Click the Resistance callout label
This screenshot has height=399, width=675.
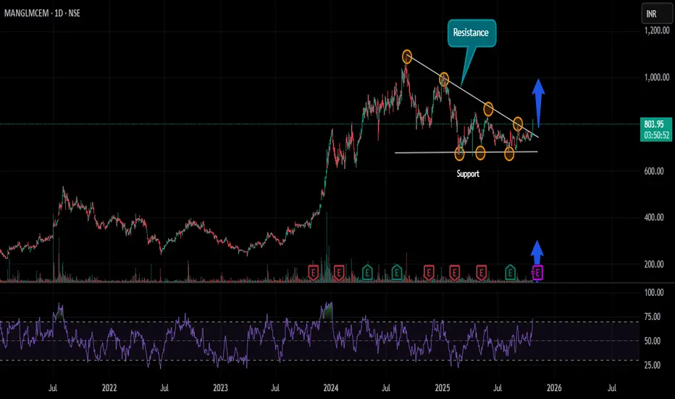click(471, 33)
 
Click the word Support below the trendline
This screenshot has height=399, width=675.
click(468, 174)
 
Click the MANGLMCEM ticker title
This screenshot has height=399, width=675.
click(37, 14)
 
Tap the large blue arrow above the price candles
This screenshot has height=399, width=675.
click(538, 93)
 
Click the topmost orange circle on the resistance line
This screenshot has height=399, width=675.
click(407, 57)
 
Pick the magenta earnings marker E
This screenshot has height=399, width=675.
click(538, 272)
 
